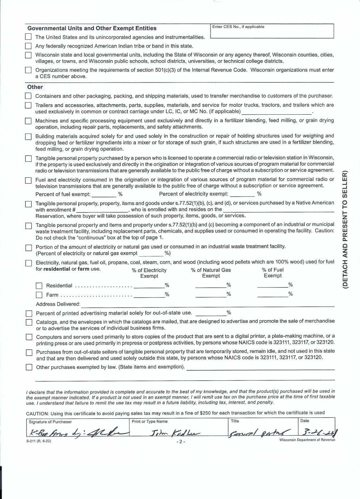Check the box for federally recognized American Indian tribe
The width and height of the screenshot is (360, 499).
pos(29,46)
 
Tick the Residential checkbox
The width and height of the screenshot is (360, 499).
pos(39,286)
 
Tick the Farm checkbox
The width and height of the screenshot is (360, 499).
pos(39,295)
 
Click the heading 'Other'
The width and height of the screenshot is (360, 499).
pos(35,87)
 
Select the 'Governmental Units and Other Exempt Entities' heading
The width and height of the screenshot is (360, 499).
pos(92,28)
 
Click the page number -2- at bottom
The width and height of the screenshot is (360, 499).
pos(180,442)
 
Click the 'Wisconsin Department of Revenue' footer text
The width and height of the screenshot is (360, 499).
pos(307,440)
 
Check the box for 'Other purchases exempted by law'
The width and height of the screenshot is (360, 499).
pos(29,367)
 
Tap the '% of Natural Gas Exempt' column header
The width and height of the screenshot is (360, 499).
pos(211,273)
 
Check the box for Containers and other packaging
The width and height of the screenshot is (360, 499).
pos(29,96)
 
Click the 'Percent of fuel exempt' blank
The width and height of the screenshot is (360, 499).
pos(104,194)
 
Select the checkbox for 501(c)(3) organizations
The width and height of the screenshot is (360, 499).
pos(29,70)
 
